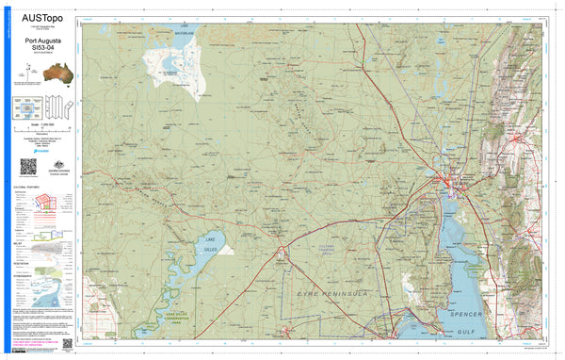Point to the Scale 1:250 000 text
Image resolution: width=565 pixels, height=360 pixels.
coord(42,126)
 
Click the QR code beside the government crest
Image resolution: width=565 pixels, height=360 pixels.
coord(28,167)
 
